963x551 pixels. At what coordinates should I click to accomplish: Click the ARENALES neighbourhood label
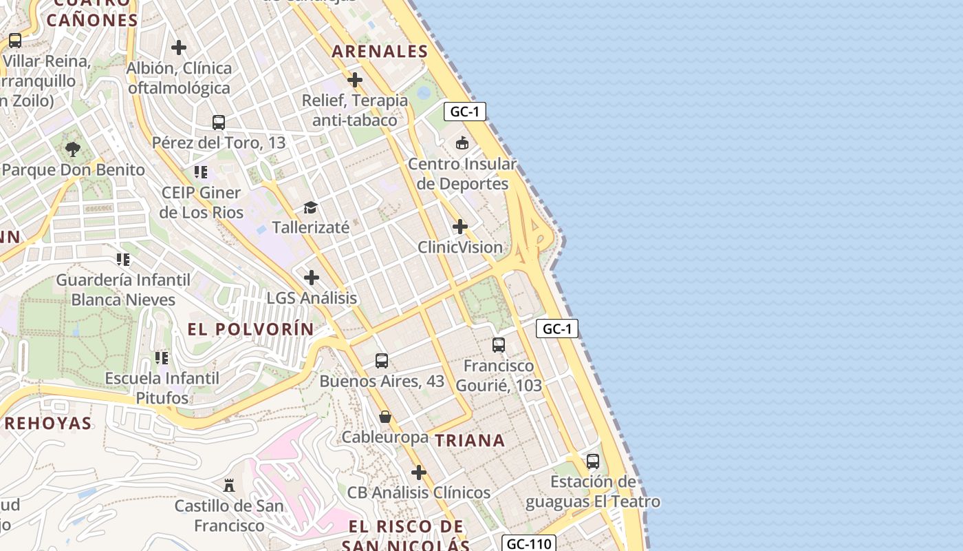[380, 51]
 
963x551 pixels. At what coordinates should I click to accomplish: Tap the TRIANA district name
[470, 440]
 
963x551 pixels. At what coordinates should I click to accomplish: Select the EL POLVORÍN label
[250, 329]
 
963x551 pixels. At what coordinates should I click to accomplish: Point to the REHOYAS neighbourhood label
[47, 423]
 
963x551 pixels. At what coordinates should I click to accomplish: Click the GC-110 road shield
[528, 544]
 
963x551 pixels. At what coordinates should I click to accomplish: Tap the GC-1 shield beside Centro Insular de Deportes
[465, 112]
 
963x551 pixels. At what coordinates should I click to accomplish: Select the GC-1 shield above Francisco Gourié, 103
[556, 329]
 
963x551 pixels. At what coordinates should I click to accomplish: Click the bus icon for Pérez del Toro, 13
[219, 123]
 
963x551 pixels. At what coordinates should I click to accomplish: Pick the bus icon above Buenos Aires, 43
[382, 360]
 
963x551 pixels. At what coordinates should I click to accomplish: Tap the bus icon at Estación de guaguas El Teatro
[593, 461]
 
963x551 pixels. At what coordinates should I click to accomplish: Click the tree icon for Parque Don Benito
[73, 149]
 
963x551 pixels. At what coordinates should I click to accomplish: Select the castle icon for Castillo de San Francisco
[229, 486]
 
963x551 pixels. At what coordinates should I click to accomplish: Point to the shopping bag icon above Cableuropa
[385, 417]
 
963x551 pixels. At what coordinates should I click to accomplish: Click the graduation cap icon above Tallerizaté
[311, 207]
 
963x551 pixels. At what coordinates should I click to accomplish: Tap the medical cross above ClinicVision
[460, 227]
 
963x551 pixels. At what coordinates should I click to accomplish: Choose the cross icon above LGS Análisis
[312, 278]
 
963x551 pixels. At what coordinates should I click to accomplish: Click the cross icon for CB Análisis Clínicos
[418, 472]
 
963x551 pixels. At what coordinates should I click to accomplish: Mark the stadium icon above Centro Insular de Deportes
[462, 143]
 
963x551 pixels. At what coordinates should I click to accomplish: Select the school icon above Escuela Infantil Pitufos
[162, 357]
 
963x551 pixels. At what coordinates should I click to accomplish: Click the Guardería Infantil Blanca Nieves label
[123, 290]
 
